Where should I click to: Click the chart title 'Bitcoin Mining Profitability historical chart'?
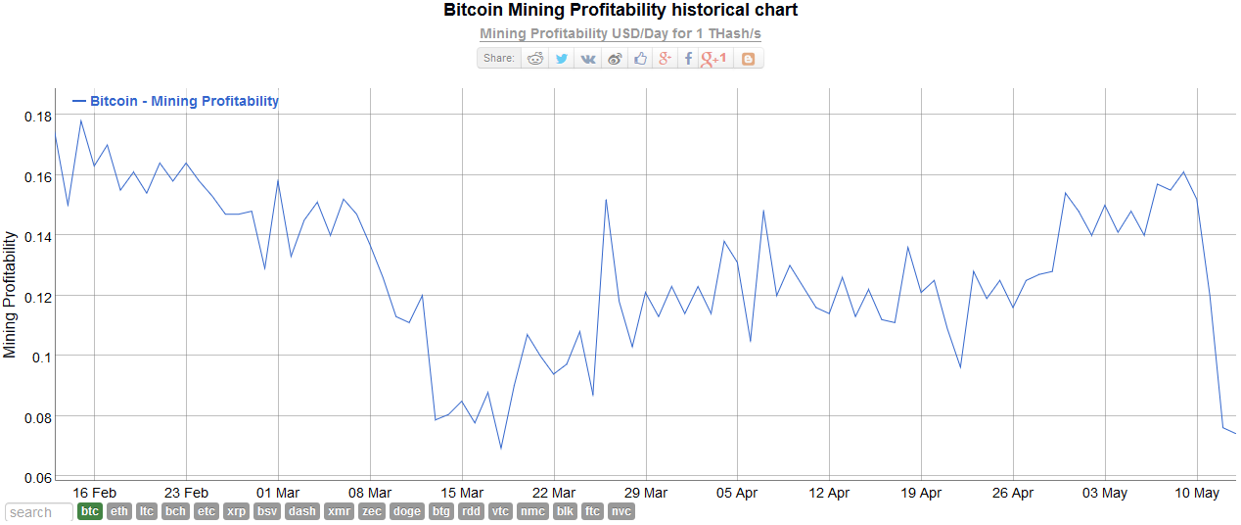pos(620,11)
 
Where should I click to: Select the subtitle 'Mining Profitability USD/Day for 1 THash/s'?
pos(620,33)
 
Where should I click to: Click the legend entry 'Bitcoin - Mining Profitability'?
pos(184,101)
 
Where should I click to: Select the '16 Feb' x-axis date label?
pos(94,493)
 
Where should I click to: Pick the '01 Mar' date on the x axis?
pos(278,493)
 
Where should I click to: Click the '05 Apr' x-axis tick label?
pos(737,493)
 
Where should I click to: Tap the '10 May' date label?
pos(1196,493)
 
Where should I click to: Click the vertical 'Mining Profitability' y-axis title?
pos(11,295)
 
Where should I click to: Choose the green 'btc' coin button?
pos(90,511)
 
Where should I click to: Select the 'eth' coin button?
pos(119,511)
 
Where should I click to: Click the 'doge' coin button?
pos(406,511)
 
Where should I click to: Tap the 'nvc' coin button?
pos(621,511)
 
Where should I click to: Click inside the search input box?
pos(39,512)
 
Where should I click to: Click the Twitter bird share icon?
pos(562,59)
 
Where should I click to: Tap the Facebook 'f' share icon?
pos(688,59)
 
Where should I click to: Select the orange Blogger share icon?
pos(749,59)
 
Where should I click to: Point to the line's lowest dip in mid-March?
pos(501,449)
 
